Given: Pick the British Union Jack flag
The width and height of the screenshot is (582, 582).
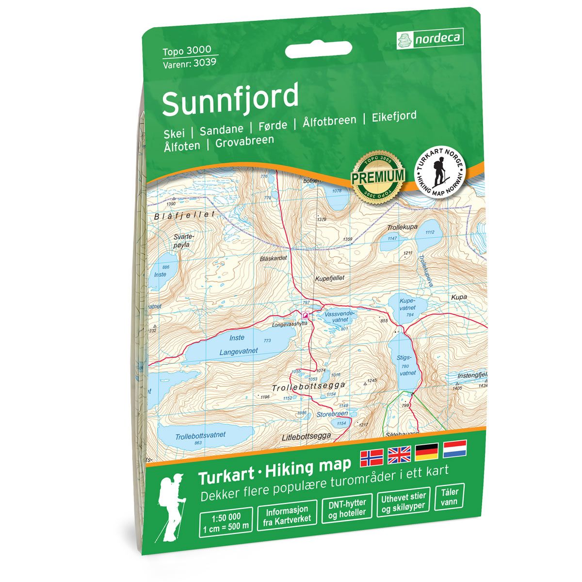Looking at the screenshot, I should click(x=399, y=454).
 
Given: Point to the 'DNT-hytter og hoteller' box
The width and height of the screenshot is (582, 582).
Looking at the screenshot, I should click(x=347, y=507).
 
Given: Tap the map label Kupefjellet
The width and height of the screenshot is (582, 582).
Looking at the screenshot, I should click(x=329, y=278).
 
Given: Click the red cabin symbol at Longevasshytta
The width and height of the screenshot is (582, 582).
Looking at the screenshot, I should click(x=305, y=315).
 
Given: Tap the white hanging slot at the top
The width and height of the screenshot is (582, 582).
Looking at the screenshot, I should click(x=318, y=50).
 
